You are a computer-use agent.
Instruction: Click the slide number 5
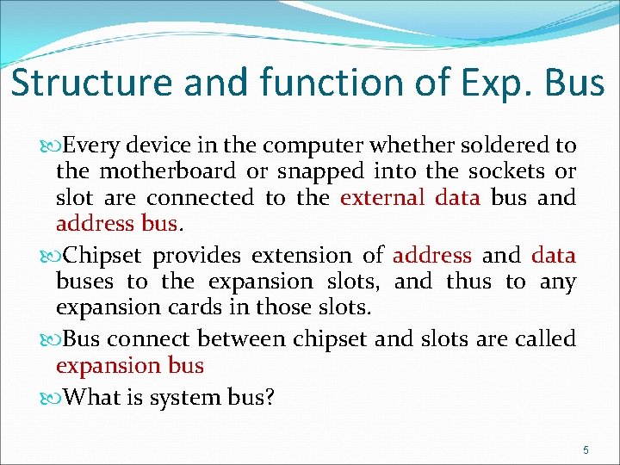[586, 450]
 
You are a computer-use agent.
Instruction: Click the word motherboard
[172, 170]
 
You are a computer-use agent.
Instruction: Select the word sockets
[505, 170]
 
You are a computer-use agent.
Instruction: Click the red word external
[382, 198]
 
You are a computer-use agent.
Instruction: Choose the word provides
[198, 256]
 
